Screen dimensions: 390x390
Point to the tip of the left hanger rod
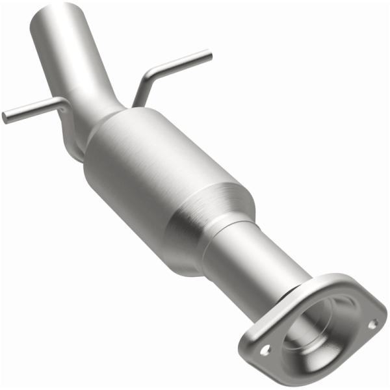click(x=5, y=118)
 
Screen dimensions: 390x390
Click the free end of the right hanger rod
click(x=209, y=55)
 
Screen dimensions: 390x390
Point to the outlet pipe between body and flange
click(x=260, y=260)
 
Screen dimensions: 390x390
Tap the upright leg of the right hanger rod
click(x=140, y=91)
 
